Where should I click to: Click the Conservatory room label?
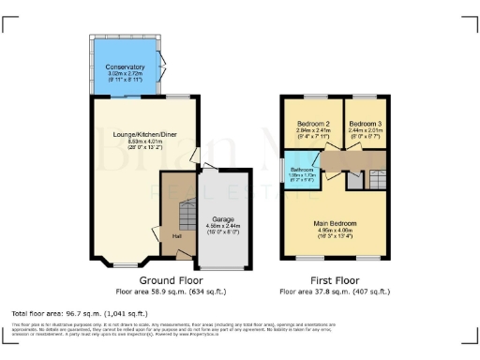click(x=125, y=67)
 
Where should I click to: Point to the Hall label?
click(x=176, y=235)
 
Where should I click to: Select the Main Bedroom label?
click(x=335, y=222)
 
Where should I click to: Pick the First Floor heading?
click(x=336, y=280)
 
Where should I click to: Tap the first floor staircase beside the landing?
click(x=378, y=178)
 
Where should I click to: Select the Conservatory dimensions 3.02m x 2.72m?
click(x=125, y=74)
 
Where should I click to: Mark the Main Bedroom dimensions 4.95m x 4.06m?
click(x=335, y=230)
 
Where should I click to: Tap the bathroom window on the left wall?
click(x=284, y=174)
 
